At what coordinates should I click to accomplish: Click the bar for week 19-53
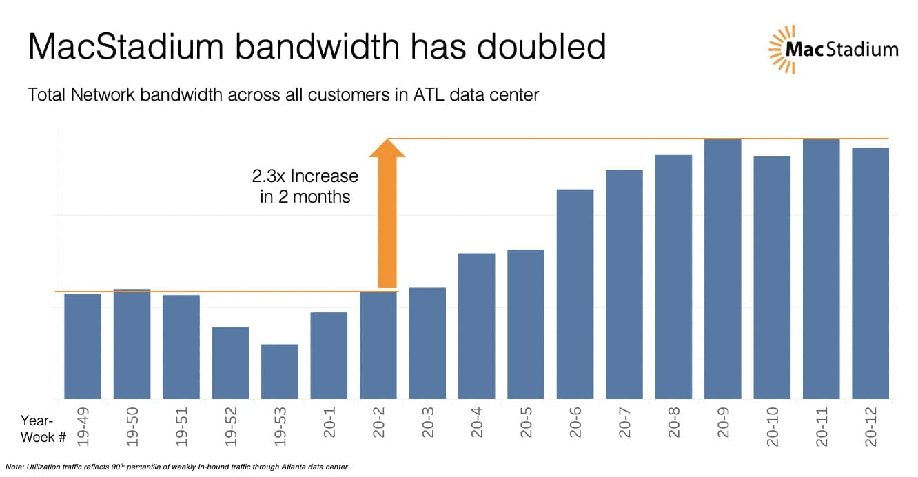279,371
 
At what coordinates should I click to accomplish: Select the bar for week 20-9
722,269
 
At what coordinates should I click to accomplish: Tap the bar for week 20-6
575,294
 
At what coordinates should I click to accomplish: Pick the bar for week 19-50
132,343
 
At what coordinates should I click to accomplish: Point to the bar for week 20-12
870,273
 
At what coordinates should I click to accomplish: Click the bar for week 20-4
476,325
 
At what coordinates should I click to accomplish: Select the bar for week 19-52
230,363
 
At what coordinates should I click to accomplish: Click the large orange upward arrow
387,214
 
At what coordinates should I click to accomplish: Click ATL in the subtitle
427,94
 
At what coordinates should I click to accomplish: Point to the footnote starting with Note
176,467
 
